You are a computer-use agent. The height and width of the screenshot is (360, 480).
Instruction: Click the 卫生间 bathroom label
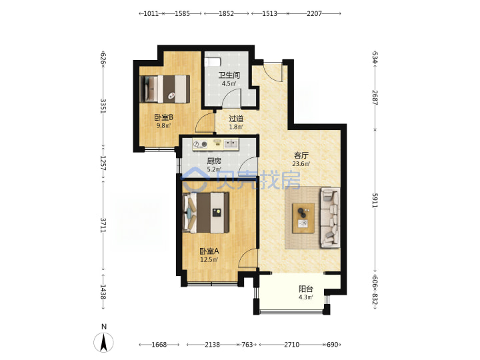(229, 75)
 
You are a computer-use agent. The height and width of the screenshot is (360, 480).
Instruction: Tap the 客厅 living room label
(301, 155)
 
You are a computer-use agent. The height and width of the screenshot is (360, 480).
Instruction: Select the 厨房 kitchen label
(214, 161)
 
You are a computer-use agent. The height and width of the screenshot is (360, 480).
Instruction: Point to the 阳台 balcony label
(306, 289)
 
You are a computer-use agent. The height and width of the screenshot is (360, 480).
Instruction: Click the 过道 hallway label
(236, 119)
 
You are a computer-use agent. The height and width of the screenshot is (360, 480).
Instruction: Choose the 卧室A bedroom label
(209, 251)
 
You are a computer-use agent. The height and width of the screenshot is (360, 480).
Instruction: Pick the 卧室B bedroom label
(163, 117)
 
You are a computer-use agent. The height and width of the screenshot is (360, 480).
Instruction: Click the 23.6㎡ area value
(301, 164)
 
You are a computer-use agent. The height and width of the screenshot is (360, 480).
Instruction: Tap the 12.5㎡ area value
(209, 260)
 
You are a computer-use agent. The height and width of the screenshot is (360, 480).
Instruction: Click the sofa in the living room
(330, 217)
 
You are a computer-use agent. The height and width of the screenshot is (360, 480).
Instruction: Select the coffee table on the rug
(303, 218)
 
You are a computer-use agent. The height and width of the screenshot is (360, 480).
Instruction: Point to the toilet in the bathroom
(212, 62)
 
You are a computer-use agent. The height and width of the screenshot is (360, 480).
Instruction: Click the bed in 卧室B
(165, 89)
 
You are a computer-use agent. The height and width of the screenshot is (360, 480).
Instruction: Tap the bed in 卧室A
(206, 213)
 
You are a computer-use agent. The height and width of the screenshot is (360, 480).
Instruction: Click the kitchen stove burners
(200, 144)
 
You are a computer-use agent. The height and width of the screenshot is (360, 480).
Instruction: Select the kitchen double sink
(231, 143)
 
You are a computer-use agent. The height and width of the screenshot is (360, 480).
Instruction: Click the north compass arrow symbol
(104, 342)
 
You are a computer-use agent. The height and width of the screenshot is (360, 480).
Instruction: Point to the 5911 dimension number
(375, 201)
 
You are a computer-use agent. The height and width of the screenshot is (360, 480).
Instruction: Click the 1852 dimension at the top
(226, 13)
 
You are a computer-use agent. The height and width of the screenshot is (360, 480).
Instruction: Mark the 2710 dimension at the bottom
(292, 345)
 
